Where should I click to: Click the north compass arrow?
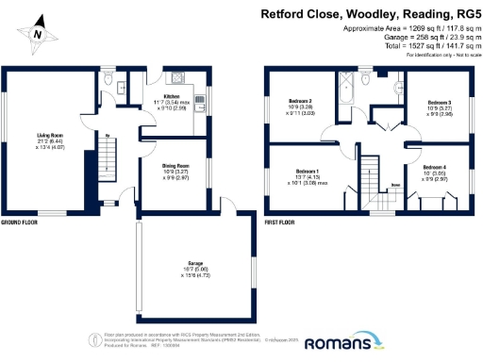[38, 31]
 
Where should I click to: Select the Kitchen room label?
[173, 96]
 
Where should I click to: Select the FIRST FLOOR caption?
[280, 223]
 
